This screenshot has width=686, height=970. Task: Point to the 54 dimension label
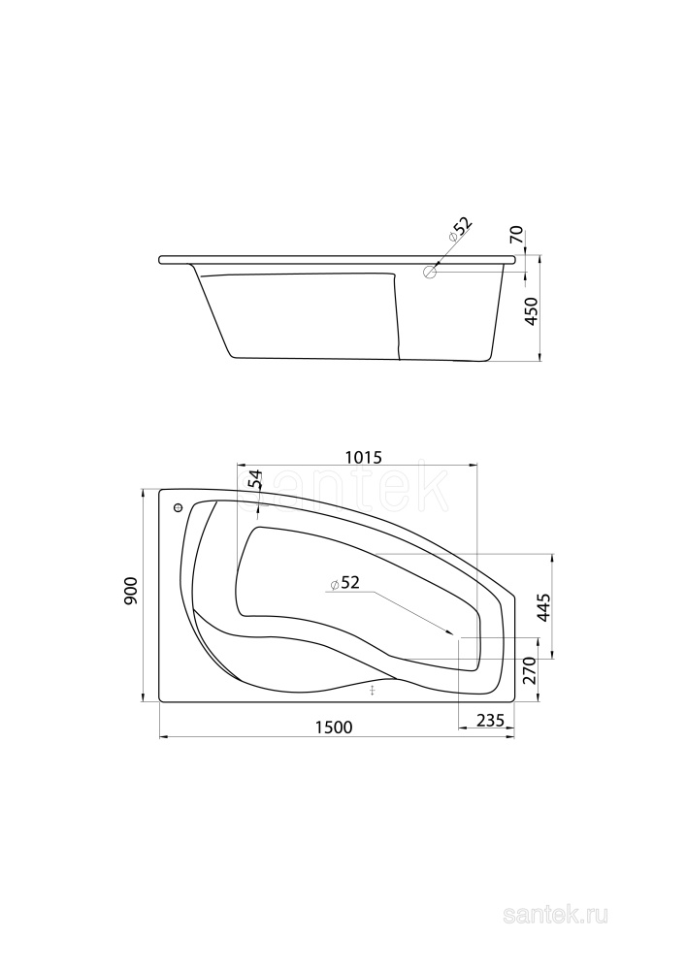click(255, 480)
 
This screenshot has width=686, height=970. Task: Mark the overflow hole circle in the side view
click(430, 273)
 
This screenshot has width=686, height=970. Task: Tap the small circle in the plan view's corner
click(178, 508)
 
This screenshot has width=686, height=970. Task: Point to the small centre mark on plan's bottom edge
click(373, 690)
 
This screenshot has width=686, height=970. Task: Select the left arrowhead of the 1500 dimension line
click(160, 737)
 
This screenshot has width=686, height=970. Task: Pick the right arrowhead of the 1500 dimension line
click(513, 737)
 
